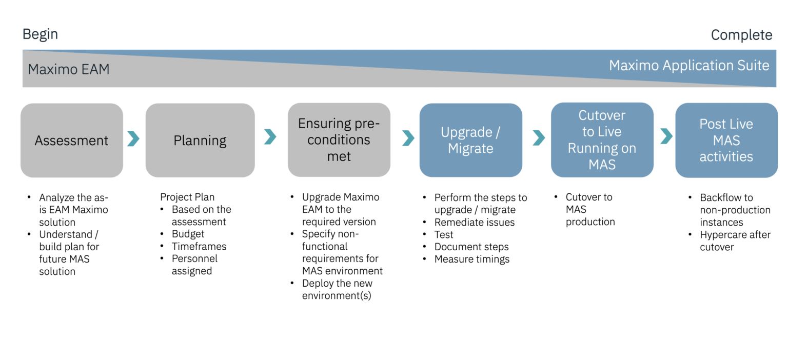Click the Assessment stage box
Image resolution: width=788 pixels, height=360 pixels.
coord(71,141)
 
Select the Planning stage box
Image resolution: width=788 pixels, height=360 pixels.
coord(200,141)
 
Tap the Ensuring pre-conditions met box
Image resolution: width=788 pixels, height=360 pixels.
coord(339,140)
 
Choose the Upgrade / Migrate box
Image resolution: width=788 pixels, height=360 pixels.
coord(470,140)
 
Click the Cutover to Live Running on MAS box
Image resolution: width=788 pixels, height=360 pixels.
coord(602,140)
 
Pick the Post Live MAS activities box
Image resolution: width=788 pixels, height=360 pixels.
coord(726,140)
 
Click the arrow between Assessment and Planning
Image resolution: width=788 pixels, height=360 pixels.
coord(133,138)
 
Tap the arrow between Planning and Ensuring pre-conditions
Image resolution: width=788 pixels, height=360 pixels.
coord(270,136)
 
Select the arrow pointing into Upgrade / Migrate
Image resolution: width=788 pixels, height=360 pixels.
coord(408,137)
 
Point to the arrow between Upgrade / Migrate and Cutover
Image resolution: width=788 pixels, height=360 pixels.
coord(539,137)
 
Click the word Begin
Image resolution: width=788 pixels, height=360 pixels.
coord(40,34)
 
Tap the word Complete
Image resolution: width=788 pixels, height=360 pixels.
coord(741,35)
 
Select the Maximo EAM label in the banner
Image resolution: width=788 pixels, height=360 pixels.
coord(68,69)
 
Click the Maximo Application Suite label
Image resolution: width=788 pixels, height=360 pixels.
coord(688,66)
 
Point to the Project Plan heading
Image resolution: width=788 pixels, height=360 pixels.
coord(187,197)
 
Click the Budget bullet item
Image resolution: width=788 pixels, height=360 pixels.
coord(188,234)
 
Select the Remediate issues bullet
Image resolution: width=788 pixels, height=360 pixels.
coord(474,222)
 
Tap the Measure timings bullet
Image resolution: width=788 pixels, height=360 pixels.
coord(471,259)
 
